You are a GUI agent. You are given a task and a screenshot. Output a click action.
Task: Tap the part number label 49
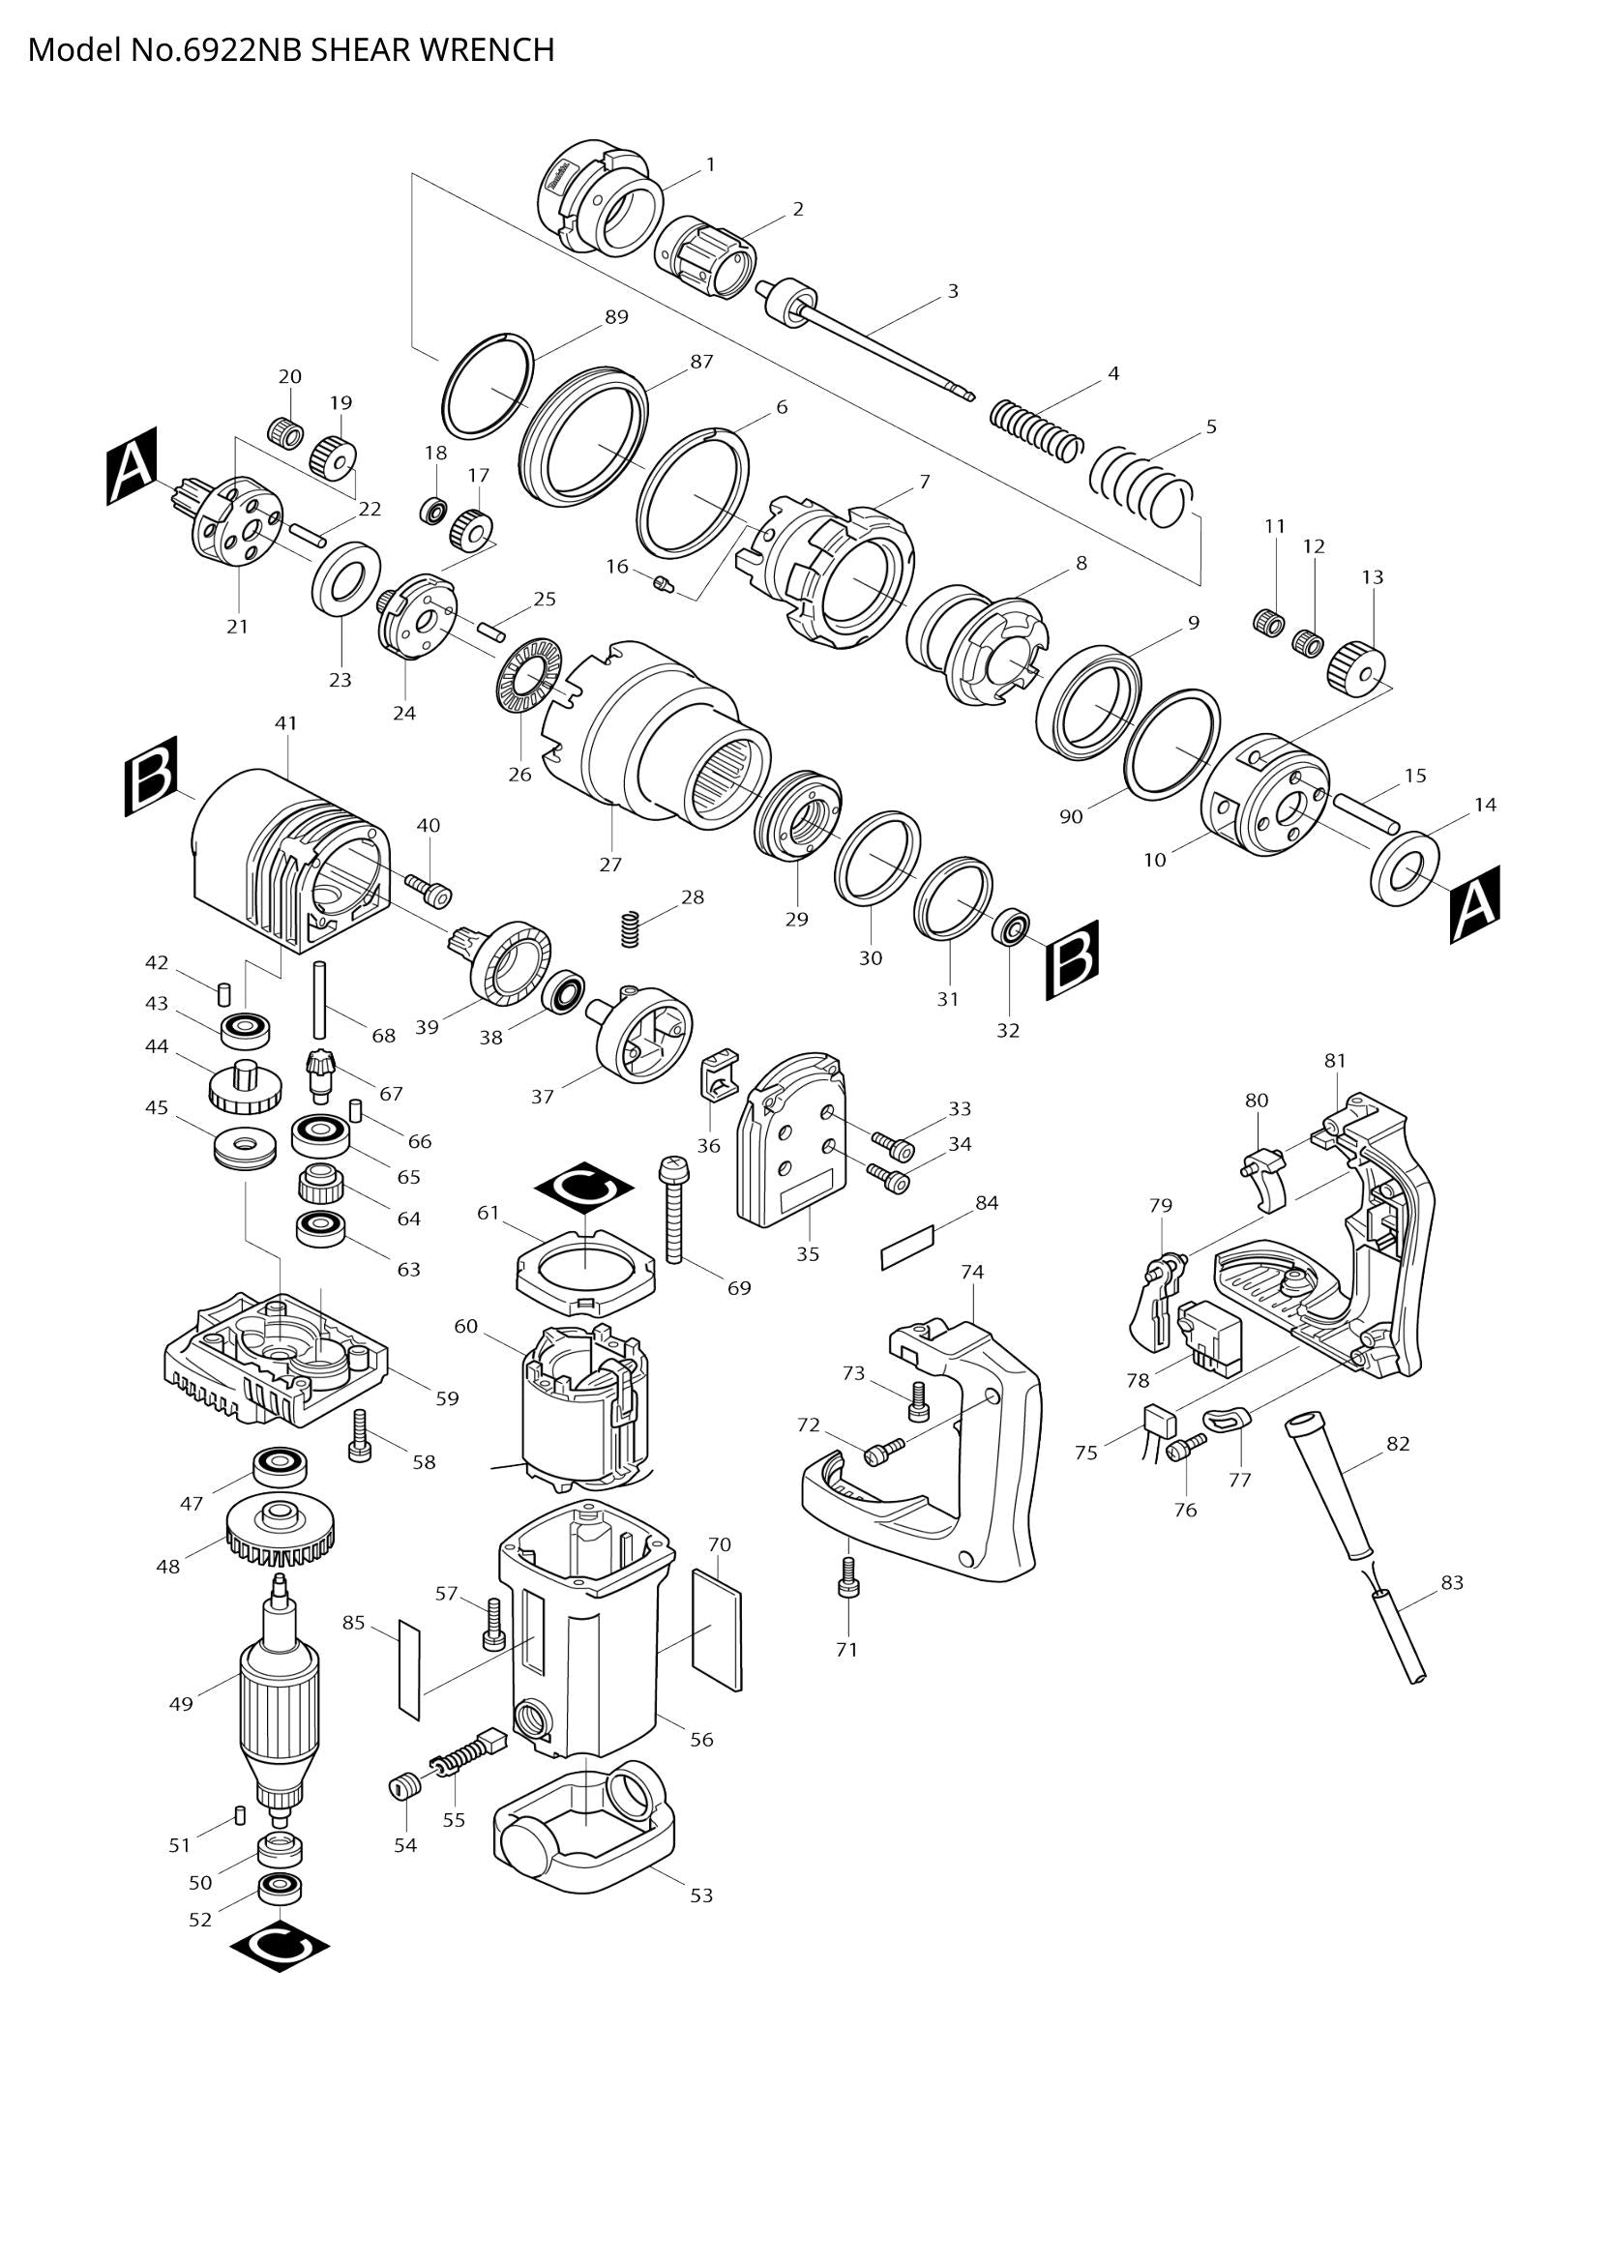[181, 1703]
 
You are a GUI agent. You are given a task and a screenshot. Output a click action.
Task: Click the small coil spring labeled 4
[1034, 429]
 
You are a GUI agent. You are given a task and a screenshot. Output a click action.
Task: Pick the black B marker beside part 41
[151, 776]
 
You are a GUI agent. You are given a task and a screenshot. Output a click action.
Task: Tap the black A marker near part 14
[1474, 904]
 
